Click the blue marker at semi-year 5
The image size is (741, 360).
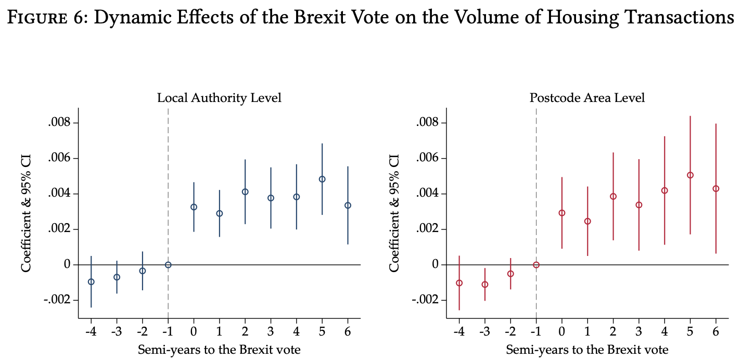click(x=322, y=179)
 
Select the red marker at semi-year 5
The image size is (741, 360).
click(x=690, y=175)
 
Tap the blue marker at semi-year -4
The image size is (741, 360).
click(x=91, y=282)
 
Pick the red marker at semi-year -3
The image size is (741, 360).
click(x=484, y=285)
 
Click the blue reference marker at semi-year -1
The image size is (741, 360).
click(x=168, y=265)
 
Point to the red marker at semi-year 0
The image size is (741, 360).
click(x=561, y=213)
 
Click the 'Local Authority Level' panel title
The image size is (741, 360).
click(x=219, y=98)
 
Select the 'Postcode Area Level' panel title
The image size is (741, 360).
click(x=587, y=98)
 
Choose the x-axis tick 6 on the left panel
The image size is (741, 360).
click(x=348, y=331)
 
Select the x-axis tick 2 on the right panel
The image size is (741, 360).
click(x=613, y=331)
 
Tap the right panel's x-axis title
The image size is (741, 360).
click(x=587, y=350)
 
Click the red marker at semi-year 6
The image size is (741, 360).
click(x=716, y=188)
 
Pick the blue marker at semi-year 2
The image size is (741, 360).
click(x=245, y=192)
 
